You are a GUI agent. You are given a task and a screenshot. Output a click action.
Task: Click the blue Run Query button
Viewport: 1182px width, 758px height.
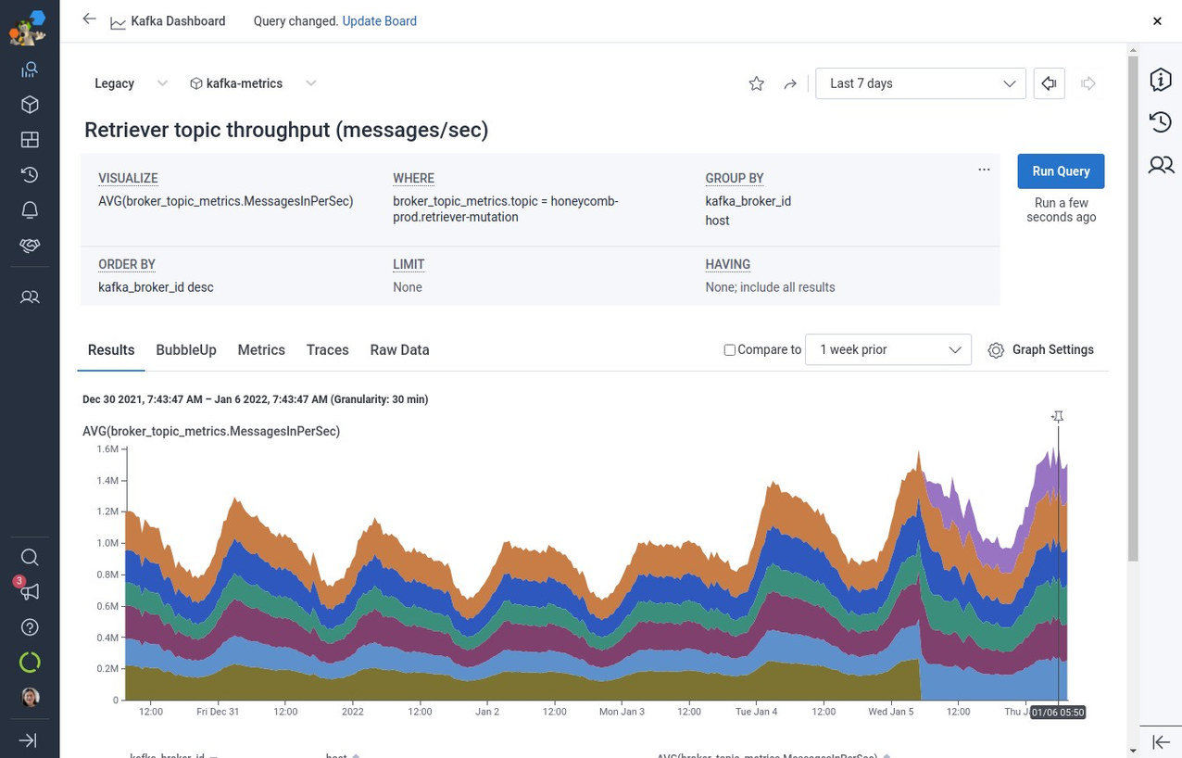(x=1061, y=171)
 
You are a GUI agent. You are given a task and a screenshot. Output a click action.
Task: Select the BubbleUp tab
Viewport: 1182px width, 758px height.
(x=186, y=350)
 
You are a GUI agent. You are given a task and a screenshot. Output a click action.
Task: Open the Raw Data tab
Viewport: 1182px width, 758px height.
(x=399, y=350)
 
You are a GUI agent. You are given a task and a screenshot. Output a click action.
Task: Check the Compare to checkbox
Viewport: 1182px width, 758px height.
(x=730, y=350)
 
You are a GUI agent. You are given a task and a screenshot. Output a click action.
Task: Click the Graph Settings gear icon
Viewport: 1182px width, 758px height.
(x=996, y=350)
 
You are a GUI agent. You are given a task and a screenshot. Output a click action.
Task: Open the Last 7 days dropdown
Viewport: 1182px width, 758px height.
(x=921, y=83)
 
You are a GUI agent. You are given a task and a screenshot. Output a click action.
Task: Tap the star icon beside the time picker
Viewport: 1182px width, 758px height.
(x=757, y=84)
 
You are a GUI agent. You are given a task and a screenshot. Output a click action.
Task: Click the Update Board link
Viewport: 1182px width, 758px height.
(x=379, y=21)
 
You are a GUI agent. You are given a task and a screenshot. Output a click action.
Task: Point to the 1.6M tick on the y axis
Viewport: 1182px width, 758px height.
(x=107, y=449)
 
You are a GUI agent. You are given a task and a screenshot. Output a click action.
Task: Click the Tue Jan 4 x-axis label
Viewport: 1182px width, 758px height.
(x=756, y=712)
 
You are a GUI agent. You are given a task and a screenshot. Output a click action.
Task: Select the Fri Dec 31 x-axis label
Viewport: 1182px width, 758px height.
(x=218, y=712)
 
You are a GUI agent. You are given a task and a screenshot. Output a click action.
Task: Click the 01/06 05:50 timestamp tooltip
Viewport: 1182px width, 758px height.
(x=1058, y=712)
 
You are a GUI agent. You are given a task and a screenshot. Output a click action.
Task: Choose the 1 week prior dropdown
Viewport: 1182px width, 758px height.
(x=888, y=350)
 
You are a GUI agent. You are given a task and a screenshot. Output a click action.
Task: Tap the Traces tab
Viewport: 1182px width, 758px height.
(x=328, y=350)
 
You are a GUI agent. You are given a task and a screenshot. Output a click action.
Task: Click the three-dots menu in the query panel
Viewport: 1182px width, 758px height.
(x=984, y=170)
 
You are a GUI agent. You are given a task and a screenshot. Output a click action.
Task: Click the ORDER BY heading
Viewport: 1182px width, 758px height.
(x=127, y=264)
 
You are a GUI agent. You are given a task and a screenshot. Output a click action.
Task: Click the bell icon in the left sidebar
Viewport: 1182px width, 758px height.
(x=30, y=210)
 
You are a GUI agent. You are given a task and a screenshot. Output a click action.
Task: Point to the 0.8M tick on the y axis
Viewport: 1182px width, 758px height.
(x=107, y=575)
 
